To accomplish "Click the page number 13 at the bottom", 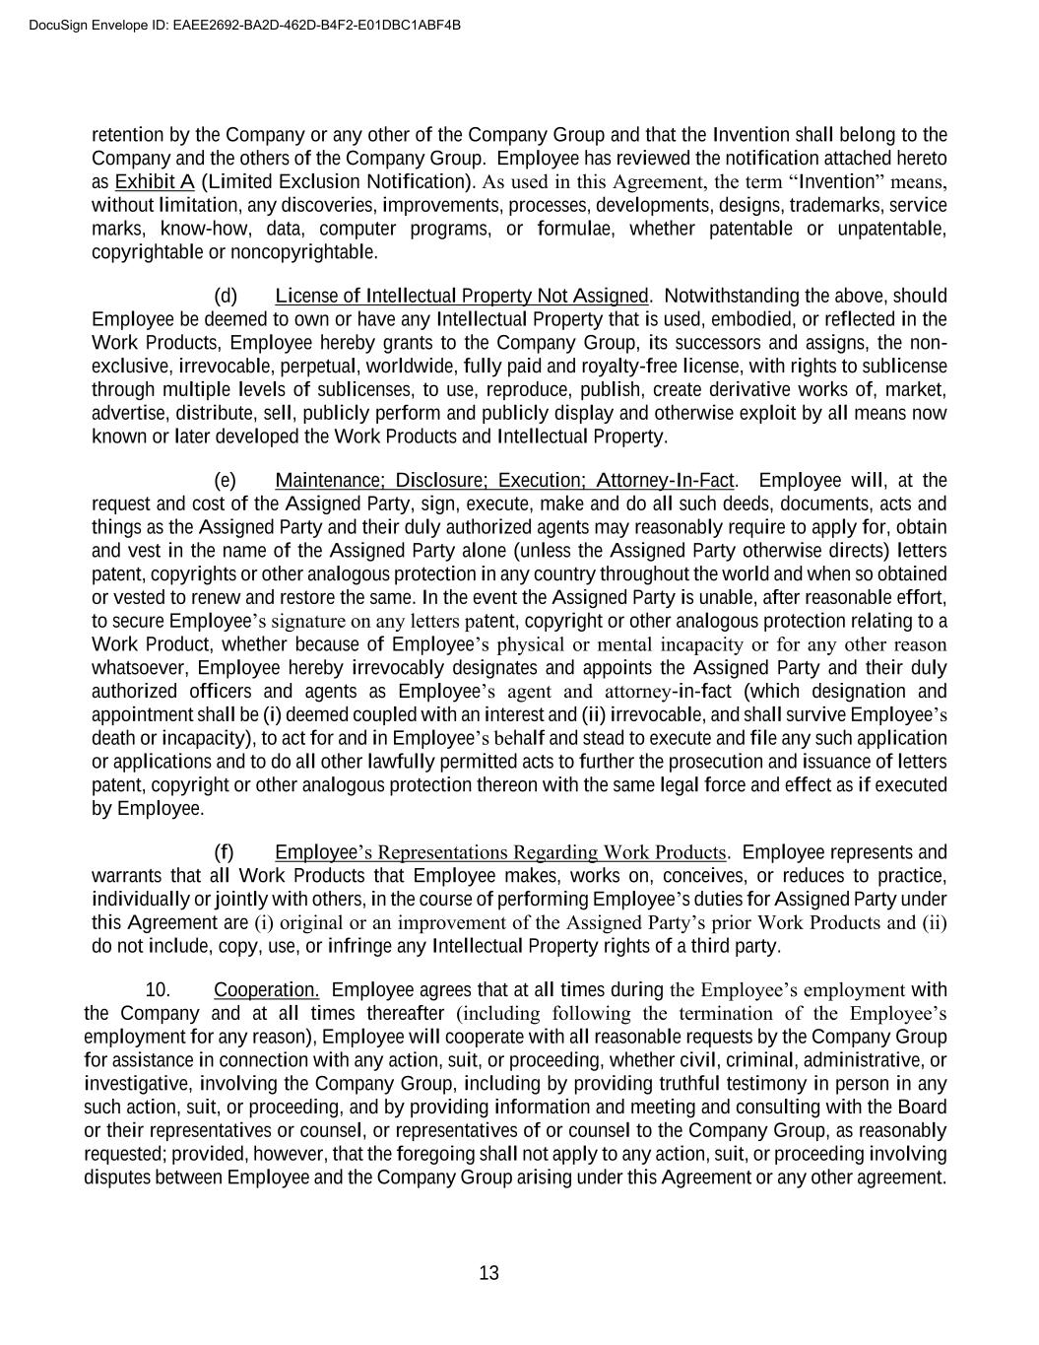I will [489, 1273].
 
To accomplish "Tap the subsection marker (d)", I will [226, 296].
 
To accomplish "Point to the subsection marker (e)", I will [226, 480].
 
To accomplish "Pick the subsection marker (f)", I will [225, 852].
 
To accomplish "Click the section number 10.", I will [158, 989].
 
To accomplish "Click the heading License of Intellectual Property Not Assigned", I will [462, 296].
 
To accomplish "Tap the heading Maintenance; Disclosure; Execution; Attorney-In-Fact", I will [504, 480].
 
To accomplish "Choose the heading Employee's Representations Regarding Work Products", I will [500, 852].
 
